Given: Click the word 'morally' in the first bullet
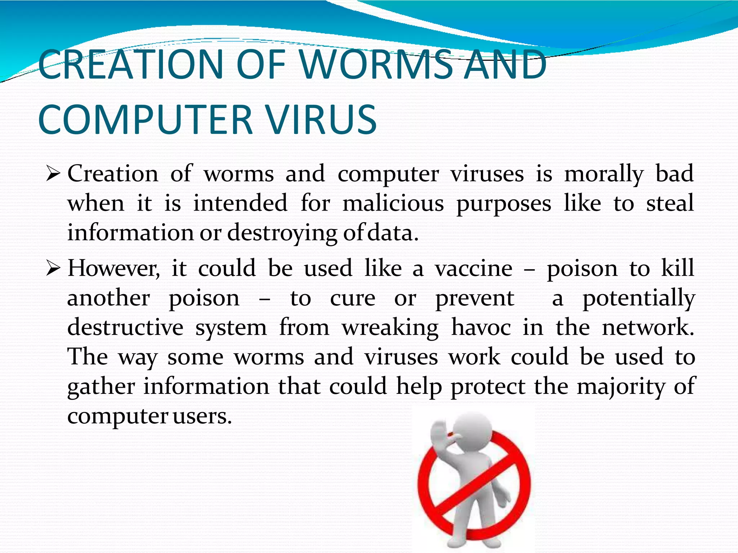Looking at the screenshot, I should click(604, 174).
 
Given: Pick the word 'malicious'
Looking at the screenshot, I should click(393, 203).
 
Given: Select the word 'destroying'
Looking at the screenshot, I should click(282, 233).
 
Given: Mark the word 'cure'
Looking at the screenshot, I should click(352, 298).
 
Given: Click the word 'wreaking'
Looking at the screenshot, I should click(390, 328).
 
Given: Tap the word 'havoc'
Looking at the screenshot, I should click(481, 328).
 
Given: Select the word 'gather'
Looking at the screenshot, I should click(101, 387).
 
